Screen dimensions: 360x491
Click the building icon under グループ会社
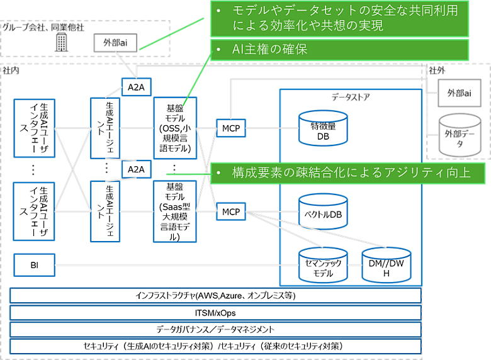coord(61,42)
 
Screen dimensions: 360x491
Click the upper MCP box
coord(230,129)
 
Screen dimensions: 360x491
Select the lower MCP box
coord(230,212)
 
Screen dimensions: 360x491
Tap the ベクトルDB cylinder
coord(322,213)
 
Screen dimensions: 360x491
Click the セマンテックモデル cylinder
coord(322,267)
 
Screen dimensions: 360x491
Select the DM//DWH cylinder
coord(387,266)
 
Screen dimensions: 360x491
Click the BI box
coord(34,265)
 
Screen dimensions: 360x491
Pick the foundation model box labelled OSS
coord(175,128)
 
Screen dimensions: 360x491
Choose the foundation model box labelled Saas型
coord(175,211)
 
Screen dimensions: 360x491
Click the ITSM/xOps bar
coord(215,312)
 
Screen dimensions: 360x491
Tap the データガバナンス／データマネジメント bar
coord(215,329)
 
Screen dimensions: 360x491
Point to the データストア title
coord(351,98)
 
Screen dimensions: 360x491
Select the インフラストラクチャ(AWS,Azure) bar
coord(215,295)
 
